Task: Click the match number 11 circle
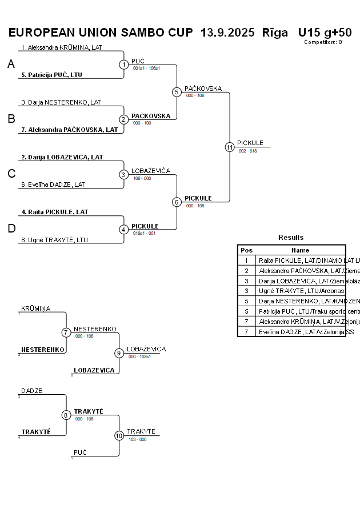tap(230, 147)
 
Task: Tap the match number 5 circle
tap(177, 92)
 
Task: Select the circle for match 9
tap(119, 353)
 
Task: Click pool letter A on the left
tap(11, 65)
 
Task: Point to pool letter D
tap(11, 229)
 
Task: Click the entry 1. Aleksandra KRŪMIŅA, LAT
tap(62, 47)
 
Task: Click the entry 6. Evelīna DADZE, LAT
tap(53, 185)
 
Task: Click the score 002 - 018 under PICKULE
tap(247, 151)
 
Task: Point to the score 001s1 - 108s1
tap(146, 68)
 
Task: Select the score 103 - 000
tap(137, 439)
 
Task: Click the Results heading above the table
tap(291, 237)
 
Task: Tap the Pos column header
tap(246, 250)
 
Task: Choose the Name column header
tap(300, 250)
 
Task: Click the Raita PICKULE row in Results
tap(301, 260)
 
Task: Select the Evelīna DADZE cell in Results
tap(301, 331)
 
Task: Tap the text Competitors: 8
tap(323, 42)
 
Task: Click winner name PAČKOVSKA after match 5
tap(203, 89)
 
